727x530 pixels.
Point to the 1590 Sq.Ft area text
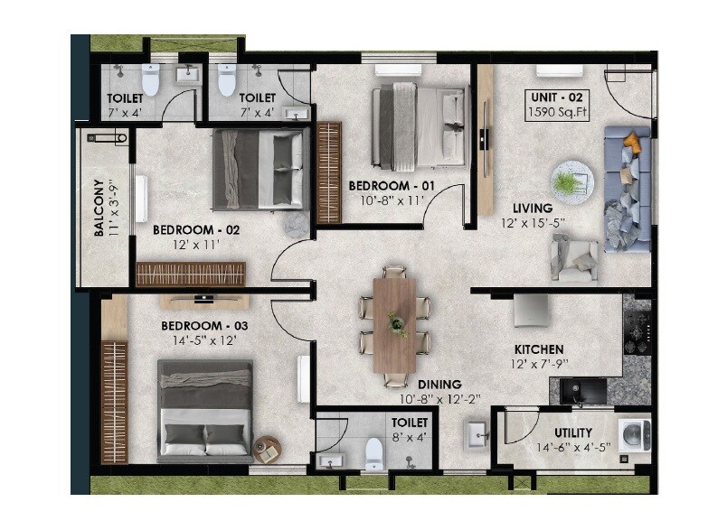[x=559, y=112]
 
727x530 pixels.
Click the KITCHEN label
[x=539, y=349]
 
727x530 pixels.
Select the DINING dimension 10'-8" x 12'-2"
[x=431, y=398]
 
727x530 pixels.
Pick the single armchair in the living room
[x=574, y=257]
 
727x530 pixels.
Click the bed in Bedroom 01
[x=420, y=126]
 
